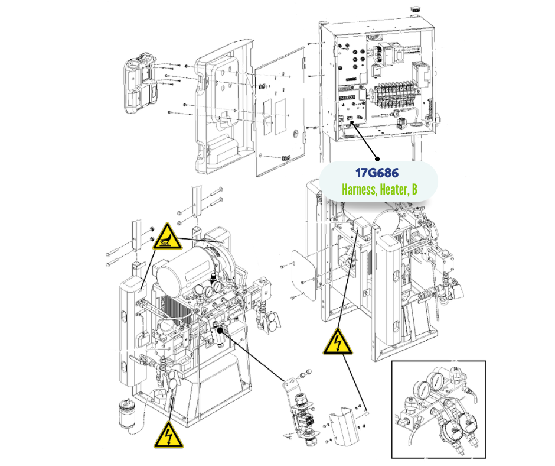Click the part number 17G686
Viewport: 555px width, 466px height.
[377, 174]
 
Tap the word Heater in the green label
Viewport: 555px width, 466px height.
[394, 190]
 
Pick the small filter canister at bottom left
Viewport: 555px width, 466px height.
[128, 412]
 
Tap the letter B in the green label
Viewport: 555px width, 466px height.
[414, 190]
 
